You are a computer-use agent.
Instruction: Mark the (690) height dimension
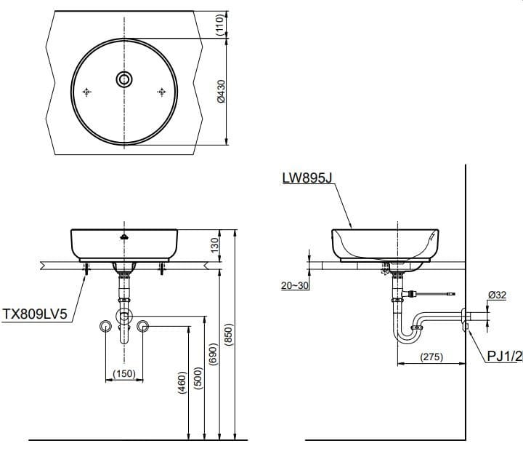click(x=213, y=353)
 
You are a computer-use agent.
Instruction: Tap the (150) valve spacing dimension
click(x=124, y=375)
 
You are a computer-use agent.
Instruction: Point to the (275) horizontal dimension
click(x=431, y=357)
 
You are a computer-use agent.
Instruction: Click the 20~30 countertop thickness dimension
click(x=295, y=285)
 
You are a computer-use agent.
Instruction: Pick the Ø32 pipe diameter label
click(x=497, y=295)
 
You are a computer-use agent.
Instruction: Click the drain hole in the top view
click(x=124, y=79)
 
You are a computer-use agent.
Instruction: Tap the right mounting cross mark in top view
click(x=162, y=92)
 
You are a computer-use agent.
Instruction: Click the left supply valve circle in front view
click(x=106, y=325)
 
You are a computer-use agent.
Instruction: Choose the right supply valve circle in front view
click(x=143, y=325)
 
